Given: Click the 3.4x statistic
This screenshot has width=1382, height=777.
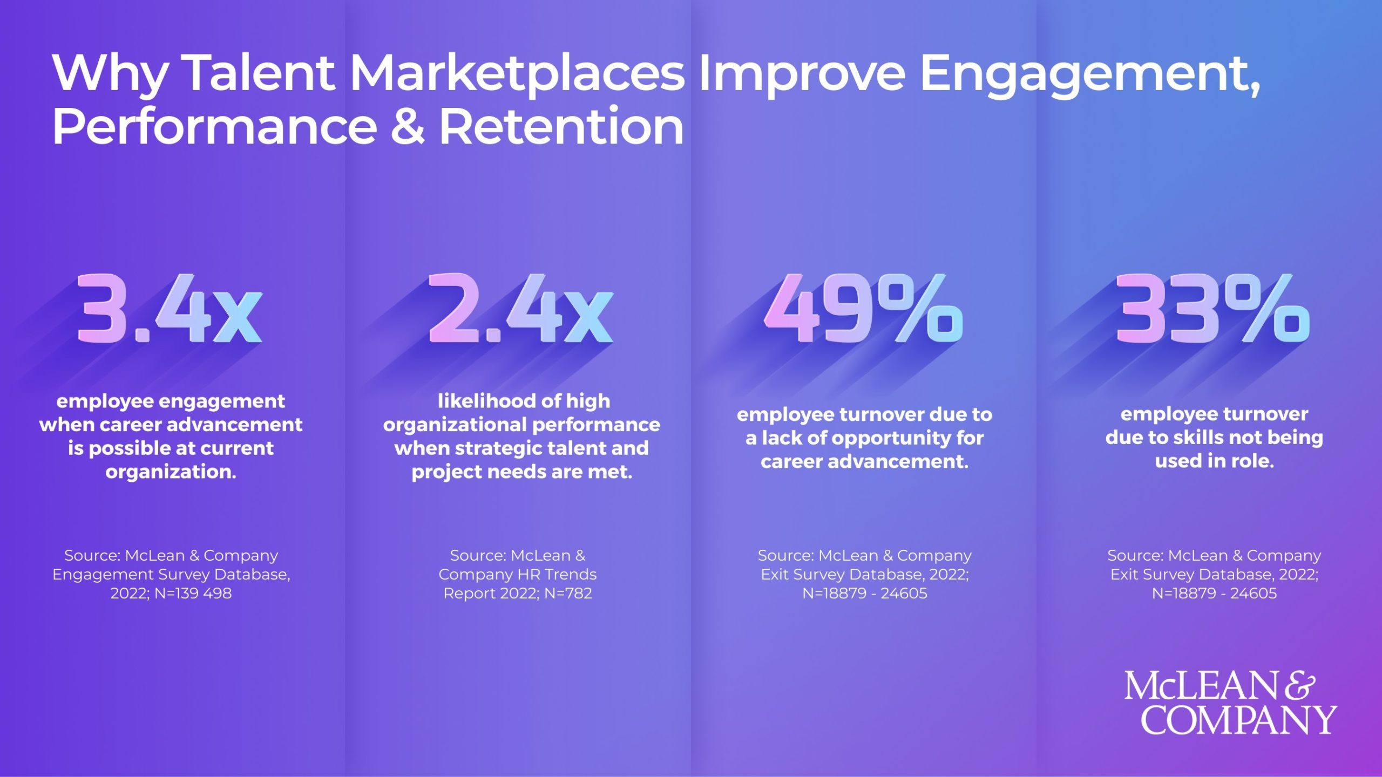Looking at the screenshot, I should (x=170, y=309).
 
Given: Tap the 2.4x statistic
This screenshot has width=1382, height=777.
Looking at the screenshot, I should (x=521, y=309).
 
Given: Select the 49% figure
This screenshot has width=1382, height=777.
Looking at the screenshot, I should (x=863, y=309).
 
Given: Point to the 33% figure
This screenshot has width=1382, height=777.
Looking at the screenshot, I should (x=1212, y=309).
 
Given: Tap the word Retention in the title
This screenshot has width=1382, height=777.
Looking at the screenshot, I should (x=561, y=127).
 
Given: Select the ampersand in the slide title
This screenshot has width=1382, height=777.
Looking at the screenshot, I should (x=408, y=127).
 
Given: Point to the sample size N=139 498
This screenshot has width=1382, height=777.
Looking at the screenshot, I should (x=193, y=594).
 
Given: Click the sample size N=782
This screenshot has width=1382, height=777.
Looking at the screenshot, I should (x=568, y=594).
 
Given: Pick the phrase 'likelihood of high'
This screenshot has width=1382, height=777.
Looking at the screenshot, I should (x=524, y=401).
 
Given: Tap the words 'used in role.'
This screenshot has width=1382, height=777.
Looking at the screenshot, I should (x=1214, y=461).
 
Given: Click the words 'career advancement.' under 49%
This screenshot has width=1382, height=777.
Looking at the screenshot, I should (x=864, y=461).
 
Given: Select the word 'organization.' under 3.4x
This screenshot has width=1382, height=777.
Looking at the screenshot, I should (x=171, y=472).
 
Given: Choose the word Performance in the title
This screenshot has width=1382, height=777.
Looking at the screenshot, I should (x=214, y=127).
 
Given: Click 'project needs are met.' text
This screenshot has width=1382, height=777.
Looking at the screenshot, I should (x=521, y=472).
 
